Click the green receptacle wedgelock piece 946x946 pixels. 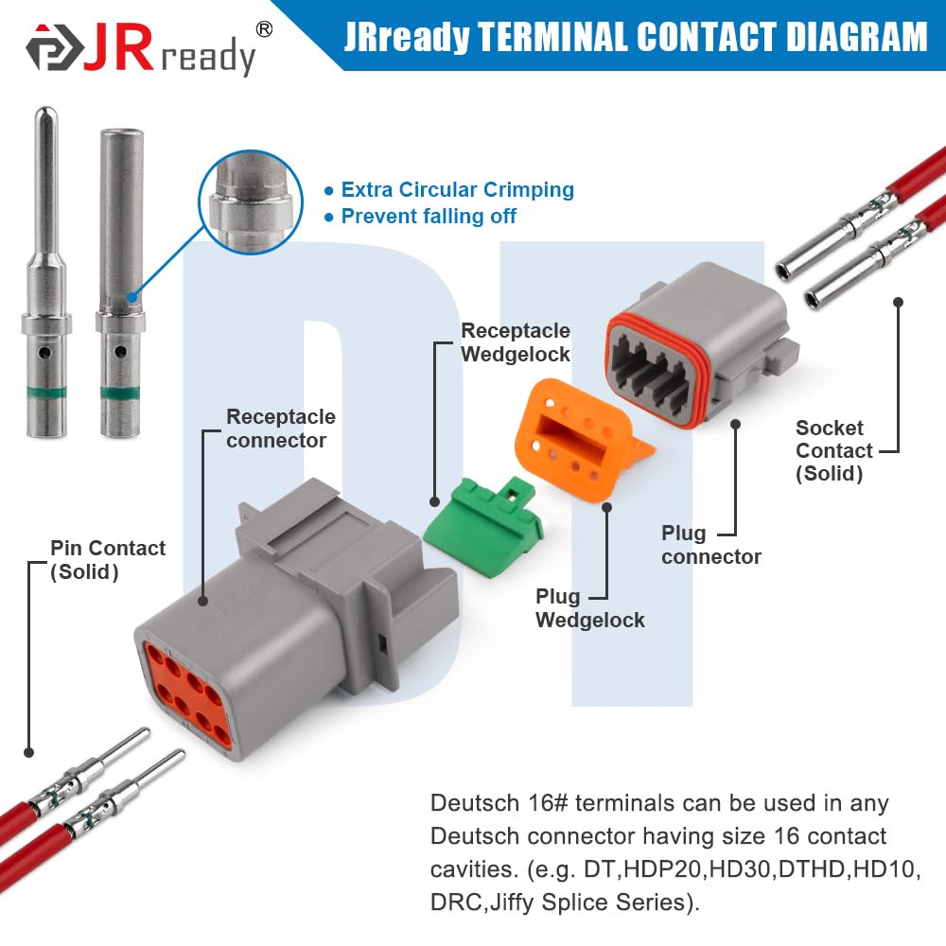point(483,527)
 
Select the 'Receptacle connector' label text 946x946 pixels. point(281,429)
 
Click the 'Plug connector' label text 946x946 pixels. point(711,545)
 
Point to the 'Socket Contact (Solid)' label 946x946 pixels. point(834,450)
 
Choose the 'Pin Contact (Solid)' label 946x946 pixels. point(108,560)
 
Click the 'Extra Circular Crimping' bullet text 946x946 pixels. point(457,189)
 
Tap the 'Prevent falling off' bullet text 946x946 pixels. point(429,216)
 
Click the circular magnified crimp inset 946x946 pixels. point(251,201)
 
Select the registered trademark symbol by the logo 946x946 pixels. point(264,28)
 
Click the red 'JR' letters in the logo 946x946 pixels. point(118,48)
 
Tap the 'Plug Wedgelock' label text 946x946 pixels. point(589,608)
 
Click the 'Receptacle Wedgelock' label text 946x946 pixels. point(516,342)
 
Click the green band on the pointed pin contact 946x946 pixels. point(46,394)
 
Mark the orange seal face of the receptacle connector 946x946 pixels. point(187,694)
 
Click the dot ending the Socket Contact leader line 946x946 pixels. point(899,302)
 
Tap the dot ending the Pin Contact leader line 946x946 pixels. point(28,752)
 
